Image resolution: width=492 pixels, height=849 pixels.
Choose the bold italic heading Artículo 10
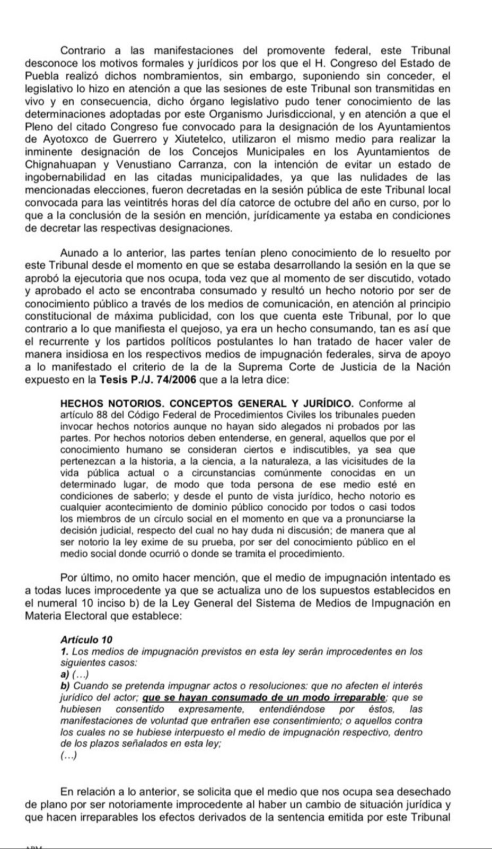86,640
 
